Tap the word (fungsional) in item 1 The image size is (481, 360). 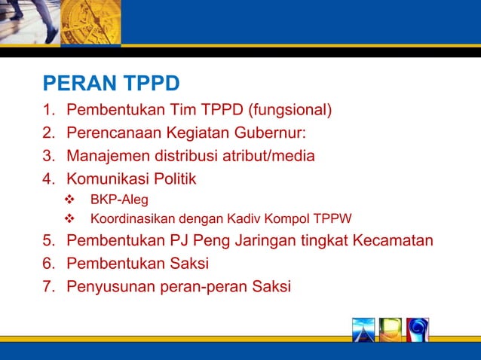(x=290, y=111)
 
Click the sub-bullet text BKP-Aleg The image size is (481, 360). (x=119, y=200)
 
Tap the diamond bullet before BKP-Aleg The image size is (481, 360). (x=72, y=200)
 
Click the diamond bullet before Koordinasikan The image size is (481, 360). (x=72, y=220)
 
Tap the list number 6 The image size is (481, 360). (x=48, y=264)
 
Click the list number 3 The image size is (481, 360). (x=48, y=157)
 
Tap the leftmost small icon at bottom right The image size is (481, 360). (x=363, y=330)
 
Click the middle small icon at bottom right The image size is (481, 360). (x=391, y=330)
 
